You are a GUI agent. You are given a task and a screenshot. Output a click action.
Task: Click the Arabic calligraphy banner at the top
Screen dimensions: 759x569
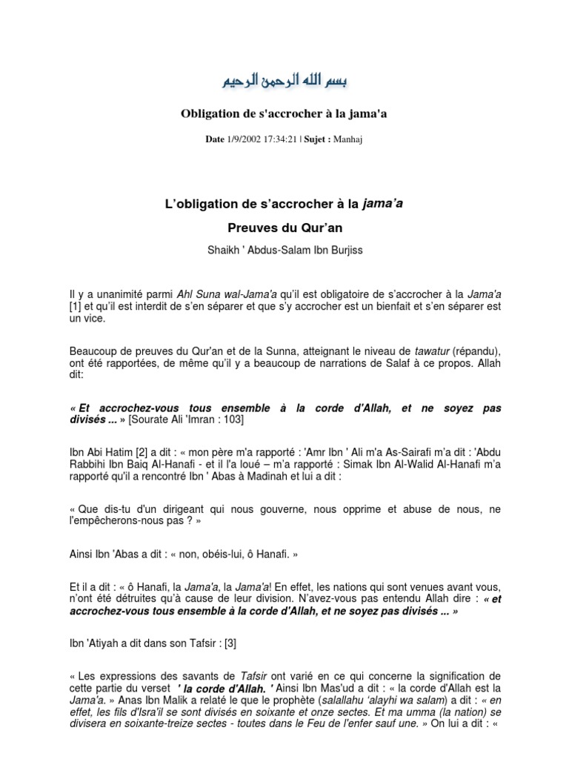tap(285, 80)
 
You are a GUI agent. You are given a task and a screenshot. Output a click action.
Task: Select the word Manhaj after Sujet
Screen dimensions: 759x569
tap(353, 139)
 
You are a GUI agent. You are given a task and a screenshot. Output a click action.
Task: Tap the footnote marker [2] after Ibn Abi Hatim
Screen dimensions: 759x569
tap(140, 451)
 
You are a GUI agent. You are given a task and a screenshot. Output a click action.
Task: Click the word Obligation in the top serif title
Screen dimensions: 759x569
tap(212, 113)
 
